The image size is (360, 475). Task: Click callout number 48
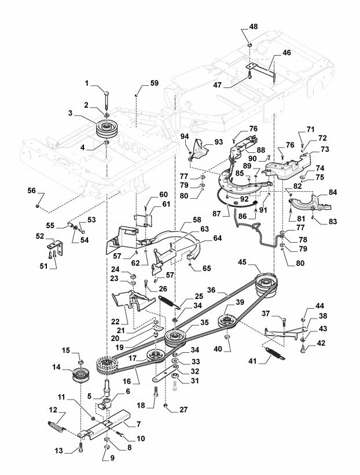point(253,26)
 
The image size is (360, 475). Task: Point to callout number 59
point(154,83)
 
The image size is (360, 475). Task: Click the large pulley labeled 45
point(266,285)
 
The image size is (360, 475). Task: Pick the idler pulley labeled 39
point(228,321)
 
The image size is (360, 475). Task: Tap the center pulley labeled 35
point(175,338)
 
